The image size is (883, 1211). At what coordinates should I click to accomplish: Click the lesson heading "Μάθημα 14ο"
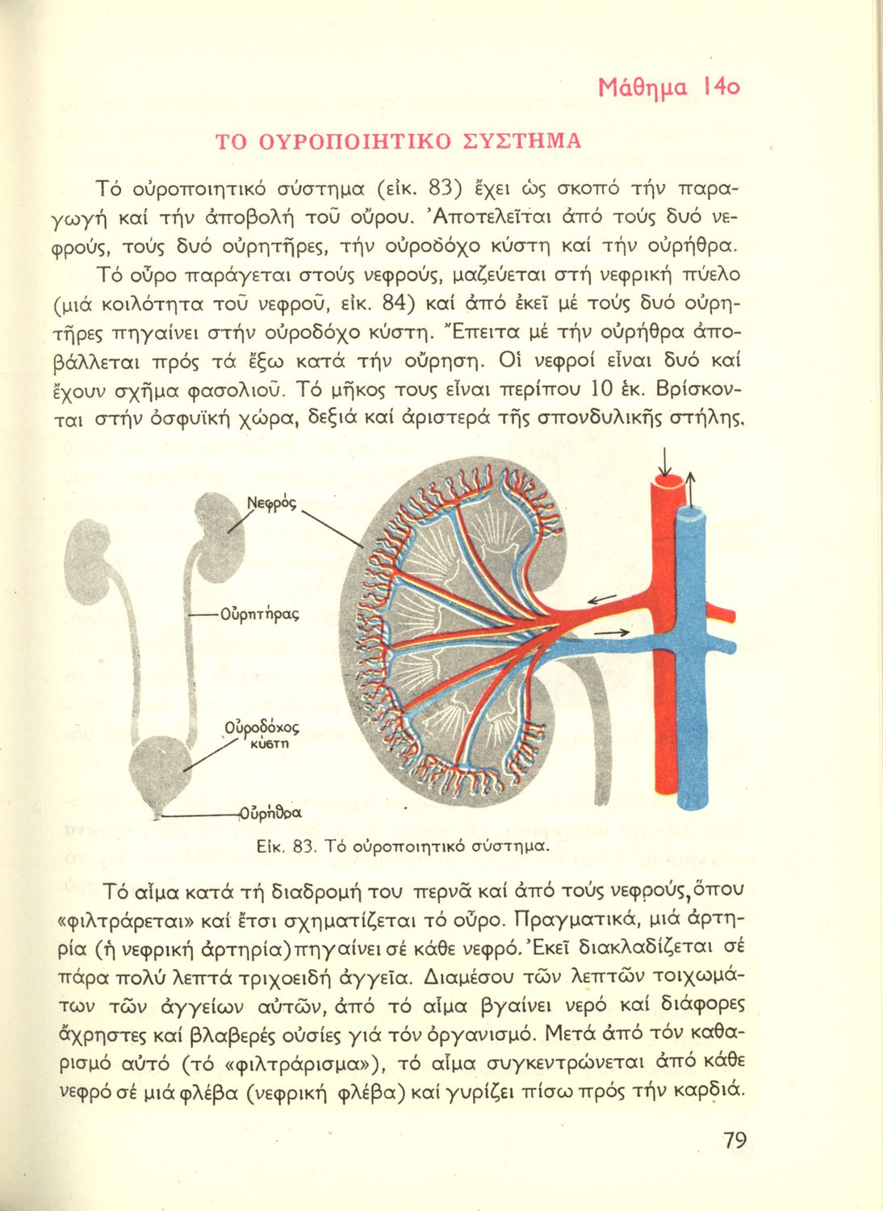669,87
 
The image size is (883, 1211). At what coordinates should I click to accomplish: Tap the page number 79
734,1140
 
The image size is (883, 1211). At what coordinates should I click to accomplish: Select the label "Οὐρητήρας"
259,614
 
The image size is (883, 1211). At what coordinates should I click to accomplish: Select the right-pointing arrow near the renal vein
611,633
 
